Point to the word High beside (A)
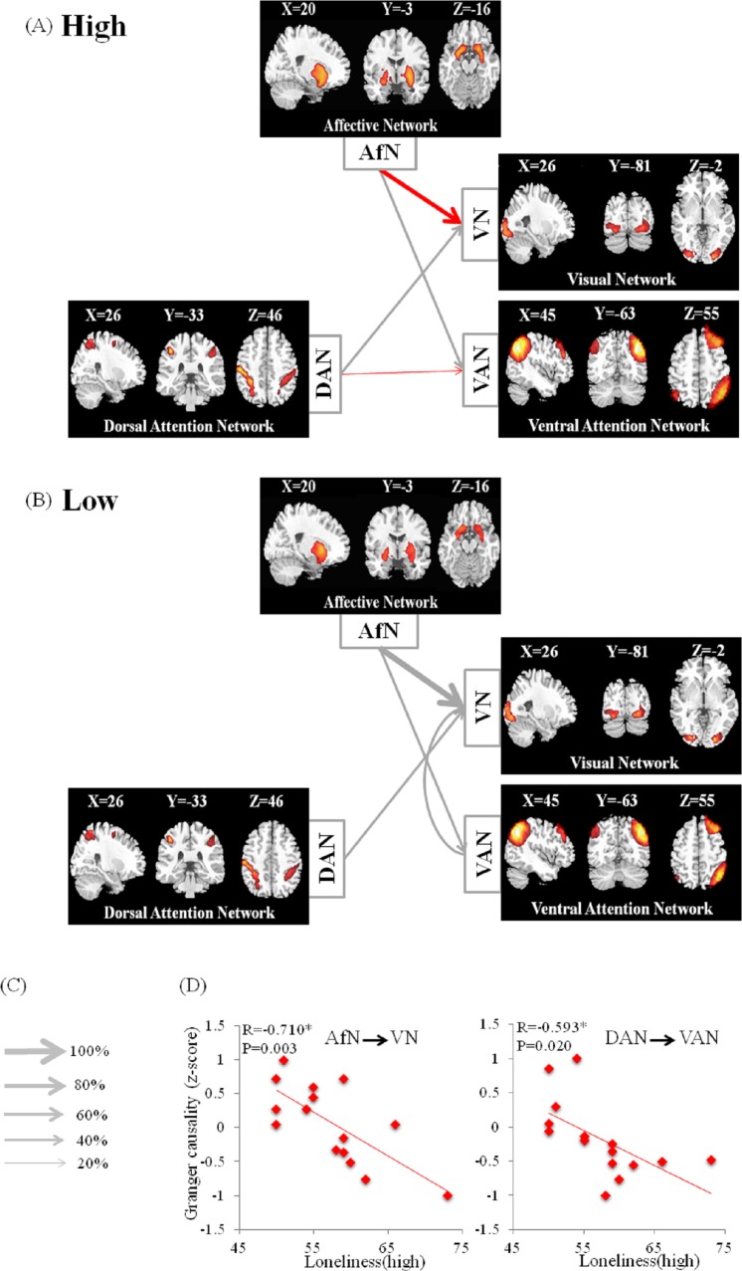point(94,26)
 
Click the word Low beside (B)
point(90,500)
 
